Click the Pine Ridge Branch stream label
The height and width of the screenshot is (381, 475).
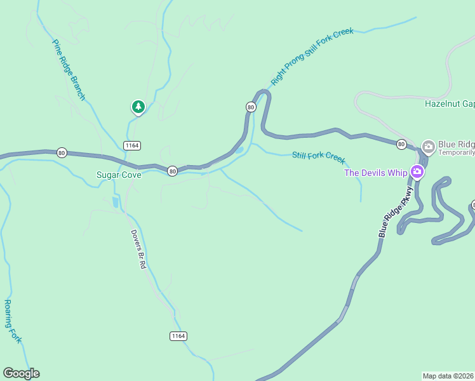pos(69,70)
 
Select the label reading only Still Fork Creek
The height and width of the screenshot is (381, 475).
pos(318,156)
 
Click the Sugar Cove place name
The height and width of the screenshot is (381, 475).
pos(118,175)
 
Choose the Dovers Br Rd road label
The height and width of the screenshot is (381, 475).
pos(138,249)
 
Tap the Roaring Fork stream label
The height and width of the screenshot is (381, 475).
pos(13,321)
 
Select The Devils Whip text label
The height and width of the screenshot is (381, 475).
pos(375,172)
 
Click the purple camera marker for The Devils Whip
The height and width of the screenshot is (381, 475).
pos(417,171)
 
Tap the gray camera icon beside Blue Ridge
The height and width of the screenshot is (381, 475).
pos(428,147)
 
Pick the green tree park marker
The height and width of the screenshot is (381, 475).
pos(138,107)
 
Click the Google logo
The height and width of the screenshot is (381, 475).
pos(21,373)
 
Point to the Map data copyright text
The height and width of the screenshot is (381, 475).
pos(448,376)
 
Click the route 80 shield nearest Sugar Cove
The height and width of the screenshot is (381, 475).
pos(172,171)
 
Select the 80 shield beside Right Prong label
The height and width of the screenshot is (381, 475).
pos(251,107)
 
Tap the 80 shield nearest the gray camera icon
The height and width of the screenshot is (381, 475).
pos(401,144)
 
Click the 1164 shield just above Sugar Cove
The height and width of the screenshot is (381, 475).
pos(132,145)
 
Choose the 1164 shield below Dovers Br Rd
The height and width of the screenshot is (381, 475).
pos(178,335)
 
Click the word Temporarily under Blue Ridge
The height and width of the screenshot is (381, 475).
pos(456,153)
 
